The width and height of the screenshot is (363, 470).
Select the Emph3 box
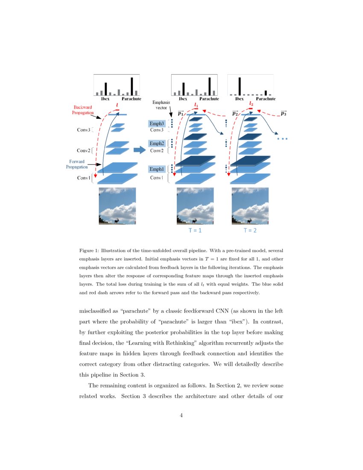(x=156, y=124)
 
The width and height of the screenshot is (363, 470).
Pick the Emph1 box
(x=156, y=170)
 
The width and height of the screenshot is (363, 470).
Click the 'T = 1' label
(x=195, y=230)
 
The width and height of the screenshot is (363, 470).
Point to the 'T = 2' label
(x=250, y=230)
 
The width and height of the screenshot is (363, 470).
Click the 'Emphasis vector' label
(x=161, y=106)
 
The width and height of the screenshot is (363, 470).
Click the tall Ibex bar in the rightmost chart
(x=240, y=86)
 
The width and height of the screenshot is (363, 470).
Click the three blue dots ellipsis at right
(x=282, y=139)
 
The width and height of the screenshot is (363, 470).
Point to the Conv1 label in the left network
(x=84, y=178)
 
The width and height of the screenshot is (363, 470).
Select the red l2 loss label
(x=251, y=104)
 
